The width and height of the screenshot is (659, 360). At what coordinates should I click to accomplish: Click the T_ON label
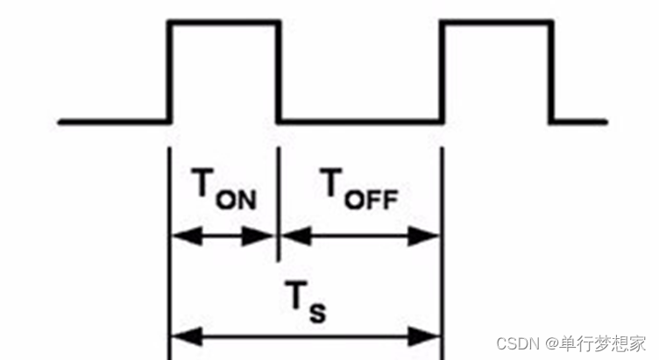[x=223, y=189]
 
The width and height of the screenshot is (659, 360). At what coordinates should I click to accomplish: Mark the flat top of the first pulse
[x=224, y=21]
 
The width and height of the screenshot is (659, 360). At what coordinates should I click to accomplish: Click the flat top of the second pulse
[x=497, y=21]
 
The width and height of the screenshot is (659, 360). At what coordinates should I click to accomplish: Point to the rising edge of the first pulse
[x=169, y=70]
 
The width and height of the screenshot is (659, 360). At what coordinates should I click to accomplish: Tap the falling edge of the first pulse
[x=280, y=70]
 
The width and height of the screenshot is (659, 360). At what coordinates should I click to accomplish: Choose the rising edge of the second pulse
[x=442, y=70]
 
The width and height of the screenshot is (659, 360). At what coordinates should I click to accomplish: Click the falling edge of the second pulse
[x=552, y=70]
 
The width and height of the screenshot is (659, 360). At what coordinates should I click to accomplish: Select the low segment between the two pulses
[x=360, y=119]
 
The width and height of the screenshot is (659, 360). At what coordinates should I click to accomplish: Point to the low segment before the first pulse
[x=113, y=119]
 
